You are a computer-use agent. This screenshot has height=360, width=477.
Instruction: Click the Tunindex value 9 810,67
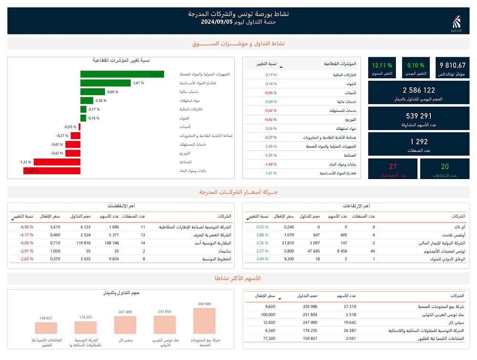pyautogui.click(x=452, y=65)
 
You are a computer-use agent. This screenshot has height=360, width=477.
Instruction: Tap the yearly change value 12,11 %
pyautogui.click(x=382, y=65)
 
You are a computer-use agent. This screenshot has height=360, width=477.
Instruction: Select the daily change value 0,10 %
pyautogui.click(x=415, y=65)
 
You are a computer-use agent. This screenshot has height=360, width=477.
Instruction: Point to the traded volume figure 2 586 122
pyautogui.click(x=419, y=90)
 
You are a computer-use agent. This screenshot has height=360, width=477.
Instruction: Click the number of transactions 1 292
pyautogui.click(x=419, y=142)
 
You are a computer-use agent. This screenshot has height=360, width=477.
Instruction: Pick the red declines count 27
pyautogui.click(x=393, y=167)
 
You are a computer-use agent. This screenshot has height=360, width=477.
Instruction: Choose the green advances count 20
pyautogui.click(x=445, y=167)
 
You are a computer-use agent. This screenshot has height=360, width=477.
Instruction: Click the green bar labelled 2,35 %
pyautogui.click(x=122, y=74)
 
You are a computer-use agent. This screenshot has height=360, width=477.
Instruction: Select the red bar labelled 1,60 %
pyautogui.click(x=52, y=170)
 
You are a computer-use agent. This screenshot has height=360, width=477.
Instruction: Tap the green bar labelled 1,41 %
pyautogui.click(x=105, y=83)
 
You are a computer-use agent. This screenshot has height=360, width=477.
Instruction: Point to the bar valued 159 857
pyautogui.click(x=46, y=328)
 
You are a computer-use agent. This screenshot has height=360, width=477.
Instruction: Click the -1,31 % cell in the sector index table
pyautogui.click(x=270, y=155)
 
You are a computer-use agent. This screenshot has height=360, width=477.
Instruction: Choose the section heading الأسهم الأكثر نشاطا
pyautogui.click(x=238, y=278)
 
